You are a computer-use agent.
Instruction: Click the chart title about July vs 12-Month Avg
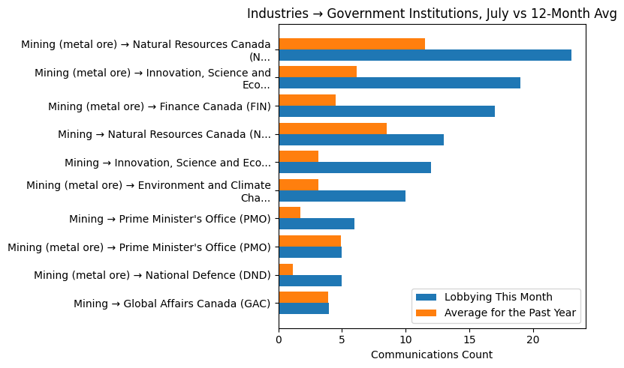(x=431, y=13)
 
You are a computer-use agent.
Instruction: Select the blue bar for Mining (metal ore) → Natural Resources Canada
(x=424, y=55)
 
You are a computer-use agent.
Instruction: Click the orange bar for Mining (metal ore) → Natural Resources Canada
(x=351, y=43)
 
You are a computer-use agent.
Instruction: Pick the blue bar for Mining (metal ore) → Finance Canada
(x=386, y=111)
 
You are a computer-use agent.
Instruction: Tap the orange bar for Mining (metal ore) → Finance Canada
(x=307, y=100)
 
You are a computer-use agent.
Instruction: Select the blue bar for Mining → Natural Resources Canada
(x=360, y=139)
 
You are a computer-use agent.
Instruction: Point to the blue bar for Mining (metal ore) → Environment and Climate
(x=342, y=196)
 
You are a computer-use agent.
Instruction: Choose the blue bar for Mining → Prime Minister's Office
(x=316, y=224)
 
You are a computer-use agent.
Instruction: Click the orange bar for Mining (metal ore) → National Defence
(x=285, y=269)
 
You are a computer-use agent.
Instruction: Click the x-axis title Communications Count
(x=431, y=355)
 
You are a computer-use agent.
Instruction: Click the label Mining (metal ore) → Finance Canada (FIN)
(x=159, y=106)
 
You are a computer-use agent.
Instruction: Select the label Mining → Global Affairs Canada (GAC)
(x=172, y=304)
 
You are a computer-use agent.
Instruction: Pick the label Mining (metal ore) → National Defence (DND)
(x=152, y=276)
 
